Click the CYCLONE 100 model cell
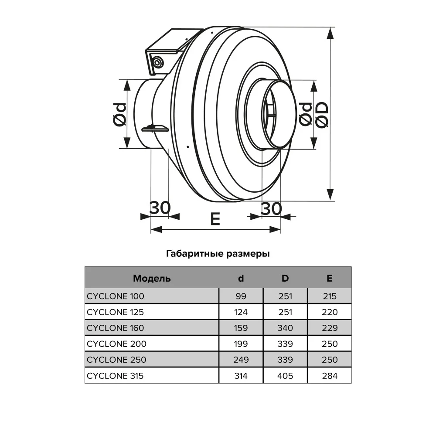[x=116, y=296]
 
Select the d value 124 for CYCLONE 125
[x=241, y=312]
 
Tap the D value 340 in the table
[x=285, y=328]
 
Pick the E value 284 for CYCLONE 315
[x=330, y=376]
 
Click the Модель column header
[x=152, y=278]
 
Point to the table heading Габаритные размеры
[x=218, y=254]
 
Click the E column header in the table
[x=330, y=278]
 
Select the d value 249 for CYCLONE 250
[x=241, y=360]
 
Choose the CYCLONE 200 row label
[x=116, y=344]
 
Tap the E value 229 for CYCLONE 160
[x=330, y=328]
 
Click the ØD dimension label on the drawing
[x=323, y=115]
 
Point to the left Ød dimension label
[x=120, y=115]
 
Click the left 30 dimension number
[x=160, y=208]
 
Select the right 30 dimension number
[x=271, y=209]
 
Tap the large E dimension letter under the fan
[x=215, y=219]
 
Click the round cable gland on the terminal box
[x=157, y=62]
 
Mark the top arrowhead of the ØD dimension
[x=330, y=28]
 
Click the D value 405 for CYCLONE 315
[x=285, y=376]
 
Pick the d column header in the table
[x=241, y=278]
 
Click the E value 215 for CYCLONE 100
[x=330, y=296]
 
